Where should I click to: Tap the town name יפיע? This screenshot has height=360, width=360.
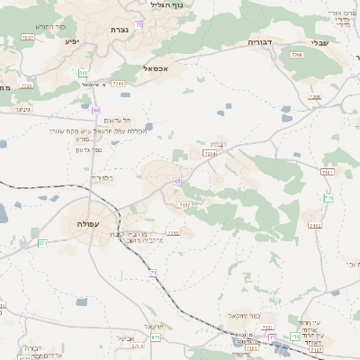click(x=72, y=41)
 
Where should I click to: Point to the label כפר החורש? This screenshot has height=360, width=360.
click(x=54, y=27)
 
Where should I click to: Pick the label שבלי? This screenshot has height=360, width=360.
click(x=319, y=41)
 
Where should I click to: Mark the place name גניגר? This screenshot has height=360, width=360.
click(x=22, y=109)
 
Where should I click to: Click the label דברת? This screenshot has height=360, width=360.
click(x=220, y=144)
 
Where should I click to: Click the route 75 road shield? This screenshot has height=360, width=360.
click(x=139, y=24)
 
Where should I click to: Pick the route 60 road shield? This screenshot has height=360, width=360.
click(x=96, y=110)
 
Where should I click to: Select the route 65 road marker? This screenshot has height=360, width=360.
click(x=178, y=182)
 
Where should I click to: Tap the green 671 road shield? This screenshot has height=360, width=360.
click(x=42, y=242)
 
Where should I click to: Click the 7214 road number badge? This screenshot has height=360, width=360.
click(x=210, y=154)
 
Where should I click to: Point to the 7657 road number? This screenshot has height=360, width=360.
click(x=28, y=38)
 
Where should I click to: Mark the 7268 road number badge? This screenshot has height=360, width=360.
click(x=118, y=83)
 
